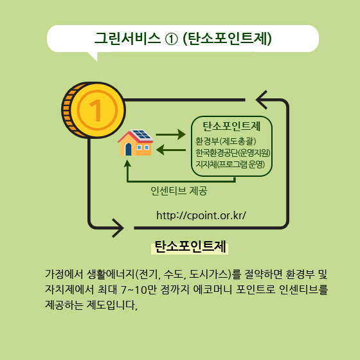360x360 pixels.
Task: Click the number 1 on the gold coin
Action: [x=96, y=110]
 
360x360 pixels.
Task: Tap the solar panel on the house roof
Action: [x=141, y=135]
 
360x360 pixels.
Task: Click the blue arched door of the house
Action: [x=128, y=149]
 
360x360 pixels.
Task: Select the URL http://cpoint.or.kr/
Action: [x=201, y=215]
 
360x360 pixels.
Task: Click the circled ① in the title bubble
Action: [x=171, y=39]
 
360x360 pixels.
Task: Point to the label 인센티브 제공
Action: [x=179, y=190]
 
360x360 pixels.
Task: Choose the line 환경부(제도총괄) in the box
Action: [x=226, y=141]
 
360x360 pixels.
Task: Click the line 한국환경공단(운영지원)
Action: [x=233, y=153]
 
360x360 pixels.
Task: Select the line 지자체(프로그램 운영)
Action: [x=230, y=164]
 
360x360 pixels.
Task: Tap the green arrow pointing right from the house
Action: [x=170, y=134]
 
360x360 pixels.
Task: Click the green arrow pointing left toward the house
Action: [x=171, y=150]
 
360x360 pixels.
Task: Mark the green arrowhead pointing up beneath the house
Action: [x=127, y=164]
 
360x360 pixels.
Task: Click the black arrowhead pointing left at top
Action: [x=262, y=100]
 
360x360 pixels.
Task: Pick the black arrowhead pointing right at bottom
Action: [x=118, y=228]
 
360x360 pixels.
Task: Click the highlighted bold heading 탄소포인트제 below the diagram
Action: [x=190, y=247]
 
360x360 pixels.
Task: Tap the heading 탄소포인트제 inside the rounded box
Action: [x=231, y=126]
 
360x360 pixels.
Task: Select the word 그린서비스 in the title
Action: [x=127, y=39]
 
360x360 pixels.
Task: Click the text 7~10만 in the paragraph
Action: [x=138, y=290]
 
